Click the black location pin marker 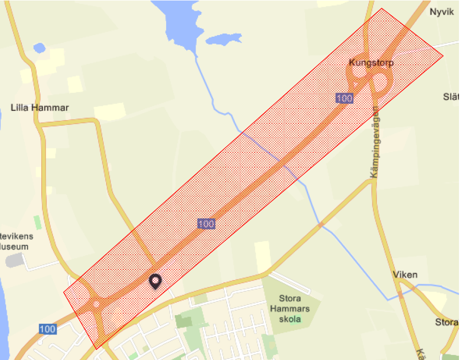point(155,281)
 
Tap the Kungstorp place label point(371,63)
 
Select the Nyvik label point(441,12)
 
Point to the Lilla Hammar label point(40,107)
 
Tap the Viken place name point(405,275)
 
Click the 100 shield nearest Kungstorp point(345,98)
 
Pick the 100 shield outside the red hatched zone point(47,329)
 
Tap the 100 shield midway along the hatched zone point(206,224)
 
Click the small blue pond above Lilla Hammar point(39,48)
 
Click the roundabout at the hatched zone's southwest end point(96,304)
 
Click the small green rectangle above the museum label point(37,223)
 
